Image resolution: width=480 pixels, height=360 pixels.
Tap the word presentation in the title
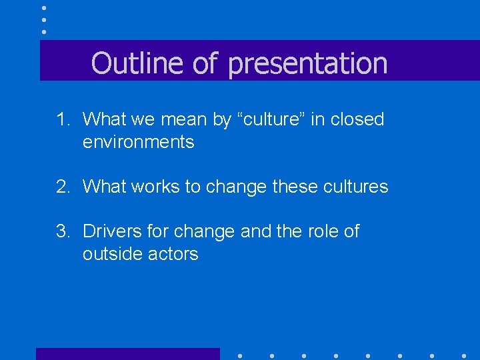[307, 64]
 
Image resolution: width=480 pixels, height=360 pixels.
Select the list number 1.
[63, 120]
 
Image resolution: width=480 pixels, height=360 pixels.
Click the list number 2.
[63, 187]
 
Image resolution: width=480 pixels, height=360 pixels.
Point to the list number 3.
[63, 231]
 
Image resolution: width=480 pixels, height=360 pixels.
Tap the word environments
[138, 142]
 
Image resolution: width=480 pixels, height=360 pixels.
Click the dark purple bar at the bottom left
[127, 354]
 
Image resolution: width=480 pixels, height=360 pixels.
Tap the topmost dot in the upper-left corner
[44, 8]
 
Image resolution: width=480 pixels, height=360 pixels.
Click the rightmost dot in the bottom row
[464, 355]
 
